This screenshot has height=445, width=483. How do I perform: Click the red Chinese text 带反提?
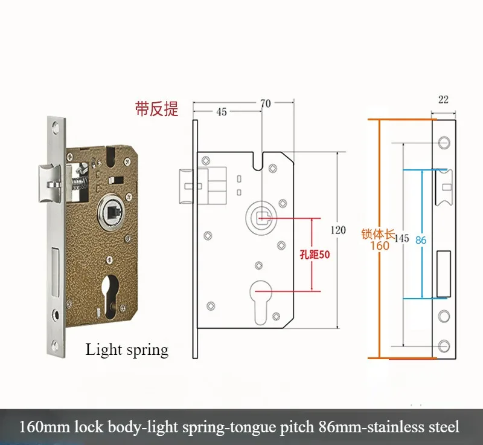point(156,109)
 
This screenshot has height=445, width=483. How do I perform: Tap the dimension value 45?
point(221,112)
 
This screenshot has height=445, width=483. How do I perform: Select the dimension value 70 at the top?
point(265,103)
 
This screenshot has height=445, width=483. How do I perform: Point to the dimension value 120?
point(339,230)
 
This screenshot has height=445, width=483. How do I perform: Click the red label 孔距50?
point(315,255)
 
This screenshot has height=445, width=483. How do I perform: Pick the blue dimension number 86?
point(421,240)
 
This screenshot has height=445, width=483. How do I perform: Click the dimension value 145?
point(401,239)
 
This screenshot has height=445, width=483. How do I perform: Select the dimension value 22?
point(443,100)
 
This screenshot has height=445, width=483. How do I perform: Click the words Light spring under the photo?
point(127,349)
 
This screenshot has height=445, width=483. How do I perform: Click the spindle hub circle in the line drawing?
point(261,215)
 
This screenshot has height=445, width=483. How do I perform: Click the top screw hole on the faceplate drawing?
point(444,143)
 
